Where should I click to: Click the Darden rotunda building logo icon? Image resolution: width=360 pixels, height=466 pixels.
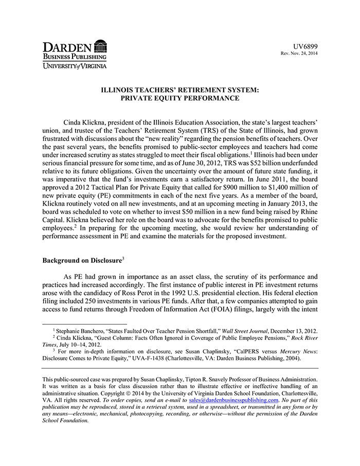[101, 46]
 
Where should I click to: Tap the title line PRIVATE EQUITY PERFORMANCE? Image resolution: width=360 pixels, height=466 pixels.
[179, 98]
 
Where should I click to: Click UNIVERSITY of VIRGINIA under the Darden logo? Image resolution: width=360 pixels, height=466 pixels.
[75, 65]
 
